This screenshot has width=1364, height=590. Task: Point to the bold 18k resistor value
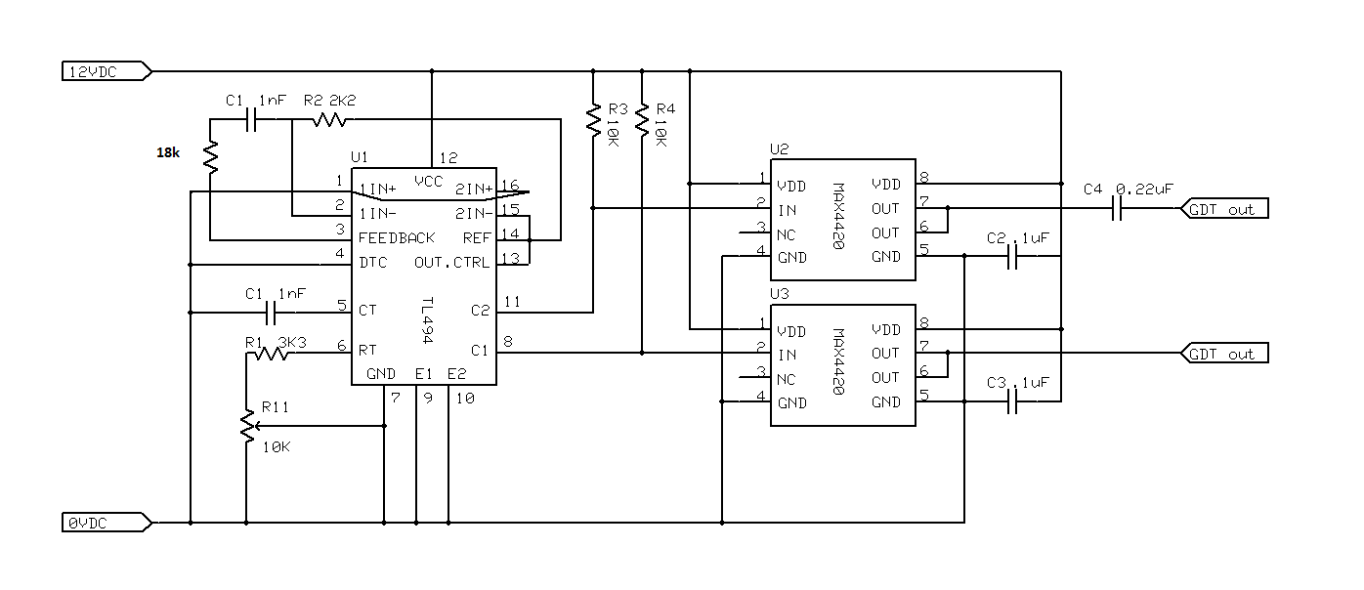click(x=168, y=152)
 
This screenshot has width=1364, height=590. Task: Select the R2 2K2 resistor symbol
click(x=329, y=120)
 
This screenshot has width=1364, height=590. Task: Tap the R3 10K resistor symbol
click(x=593, y=119)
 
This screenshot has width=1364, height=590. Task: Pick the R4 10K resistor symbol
click(x=642, y=119)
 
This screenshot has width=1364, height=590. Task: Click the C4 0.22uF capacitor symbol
click(x=1117, y=208)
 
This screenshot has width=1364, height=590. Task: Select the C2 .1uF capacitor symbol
click(x=1012, y=256)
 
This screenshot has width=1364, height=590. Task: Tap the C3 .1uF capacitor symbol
click(x=1012, y=401)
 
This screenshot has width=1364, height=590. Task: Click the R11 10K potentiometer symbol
click(x=248, y=426)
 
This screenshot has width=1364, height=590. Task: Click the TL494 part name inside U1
click(x=428, y=320)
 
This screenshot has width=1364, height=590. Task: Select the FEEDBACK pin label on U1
click(x=397, y=237)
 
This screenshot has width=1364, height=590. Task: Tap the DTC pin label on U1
click(x=372, y=263)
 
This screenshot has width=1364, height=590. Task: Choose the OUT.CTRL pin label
click(x=451, y=263)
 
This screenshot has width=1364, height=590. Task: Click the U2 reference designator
click(x=780, y=149)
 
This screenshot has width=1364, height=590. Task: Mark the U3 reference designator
click(x=780, y=293)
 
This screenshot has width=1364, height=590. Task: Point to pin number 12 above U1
click(x=448, y=157)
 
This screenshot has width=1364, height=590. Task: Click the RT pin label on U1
click(x=367, y=350)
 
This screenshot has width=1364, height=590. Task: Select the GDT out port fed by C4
click(x=1224, y=208)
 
